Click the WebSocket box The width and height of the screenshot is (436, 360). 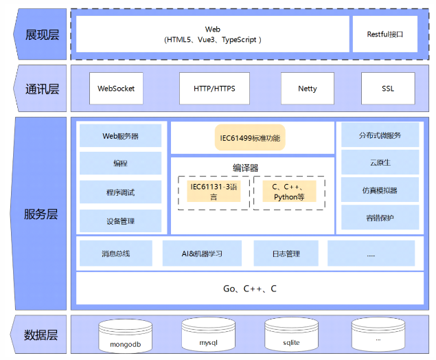[x=116, y=89]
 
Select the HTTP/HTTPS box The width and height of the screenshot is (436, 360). [x=214, y=89]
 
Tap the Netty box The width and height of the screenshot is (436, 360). [x=308, y=89]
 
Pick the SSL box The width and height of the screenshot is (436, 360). [x=388, y=89]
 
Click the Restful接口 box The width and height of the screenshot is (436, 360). [x=385, y=34]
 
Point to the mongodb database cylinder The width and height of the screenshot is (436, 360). [x=126, y=336]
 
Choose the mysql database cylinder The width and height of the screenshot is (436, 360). [x=208, y=335]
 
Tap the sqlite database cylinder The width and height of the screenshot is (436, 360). [x=291, y=335]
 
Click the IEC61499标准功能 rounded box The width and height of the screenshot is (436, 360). [x=250, y=137]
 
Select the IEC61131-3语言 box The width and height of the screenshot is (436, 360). [x=214, y=192]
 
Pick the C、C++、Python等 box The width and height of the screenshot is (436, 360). [x=289, y=192]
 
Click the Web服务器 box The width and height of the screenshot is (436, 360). [x=120, y=135]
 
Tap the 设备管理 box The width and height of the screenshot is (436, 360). [x=120, y=221]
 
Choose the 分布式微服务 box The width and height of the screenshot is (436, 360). [x=380, y=135]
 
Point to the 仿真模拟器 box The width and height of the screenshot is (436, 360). [x=380, y=190]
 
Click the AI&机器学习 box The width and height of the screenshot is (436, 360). [x=202, y=254]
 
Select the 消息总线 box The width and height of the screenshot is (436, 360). [x=116, y=254]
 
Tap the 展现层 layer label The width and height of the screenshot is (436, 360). [x=41, y=34]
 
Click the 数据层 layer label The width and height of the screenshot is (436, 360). [x=40, y=335]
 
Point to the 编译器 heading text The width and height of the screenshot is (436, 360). [x=246, y=168]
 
